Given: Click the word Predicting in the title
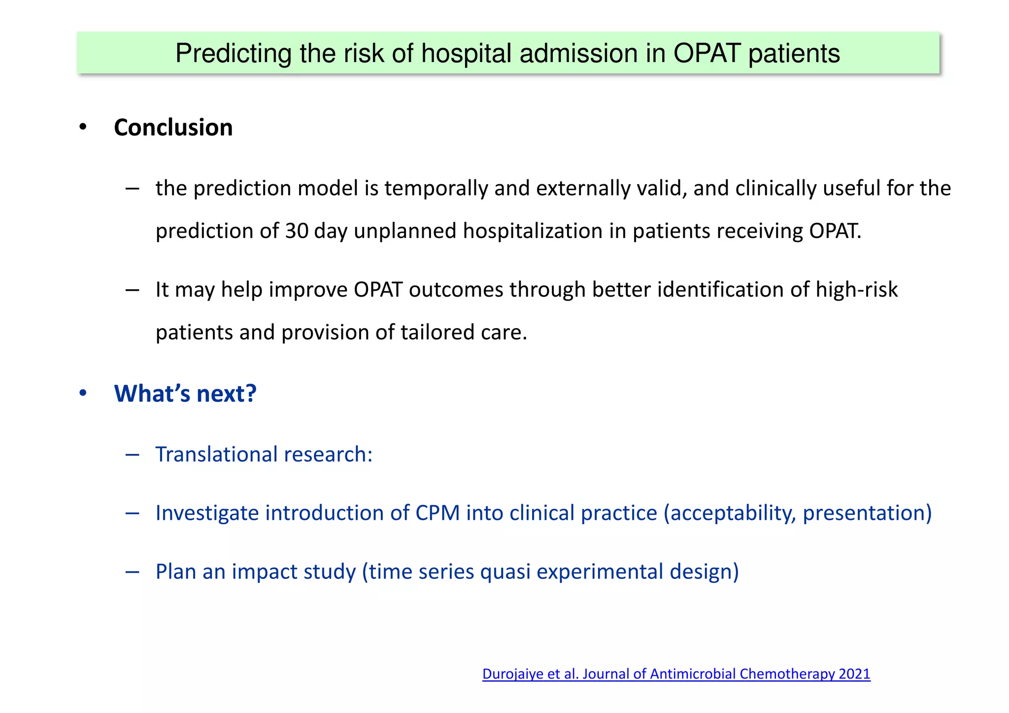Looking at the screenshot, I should point(233,54).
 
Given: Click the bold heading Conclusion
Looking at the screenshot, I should point(173,128).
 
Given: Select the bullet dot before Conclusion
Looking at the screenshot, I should point(83,128).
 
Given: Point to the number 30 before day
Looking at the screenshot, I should point(297,231).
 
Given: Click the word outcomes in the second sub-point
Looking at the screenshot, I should point(456,290).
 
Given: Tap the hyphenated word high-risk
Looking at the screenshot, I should point(856,290).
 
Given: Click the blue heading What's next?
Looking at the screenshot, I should point(185,394).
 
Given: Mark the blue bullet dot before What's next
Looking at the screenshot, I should point(83,394).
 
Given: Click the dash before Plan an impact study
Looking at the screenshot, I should point(132,572).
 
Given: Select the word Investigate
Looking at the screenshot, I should point(207,513).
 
